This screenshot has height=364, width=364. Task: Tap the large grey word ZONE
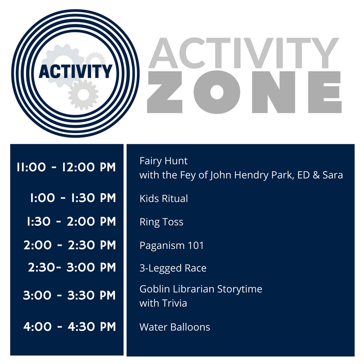coord(244,92)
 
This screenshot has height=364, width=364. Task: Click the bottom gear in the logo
coord(83,94)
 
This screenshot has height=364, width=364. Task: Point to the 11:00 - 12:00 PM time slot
coord(66,167)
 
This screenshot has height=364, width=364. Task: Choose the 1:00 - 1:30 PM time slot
coord(73,198)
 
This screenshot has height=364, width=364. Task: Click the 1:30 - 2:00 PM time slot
coord(71,221)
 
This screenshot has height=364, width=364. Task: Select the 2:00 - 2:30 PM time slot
coord(70,245)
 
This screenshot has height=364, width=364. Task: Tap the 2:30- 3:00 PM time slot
coord(72,268)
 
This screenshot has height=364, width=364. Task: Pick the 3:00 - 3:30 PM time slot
coord(69,295)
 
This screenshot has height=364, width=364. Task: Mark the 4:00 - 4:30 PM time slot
coord(69,327)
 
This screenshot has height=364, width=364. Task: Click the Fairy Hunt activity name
coord(163,161)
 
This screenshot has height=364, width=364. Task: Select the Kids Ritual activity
coord(163,199)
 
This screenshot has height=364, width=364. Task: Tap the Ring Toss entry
coord(161,222)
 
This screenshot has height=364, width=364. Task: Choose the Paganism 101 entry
coord(172,245)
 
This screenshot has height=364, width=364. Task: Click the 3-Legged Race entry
coord(173,268)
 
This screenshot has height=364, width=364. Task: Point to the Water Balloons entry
coord(175,327)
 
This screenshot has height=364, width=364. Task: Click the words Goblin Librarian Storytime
coord(201,289)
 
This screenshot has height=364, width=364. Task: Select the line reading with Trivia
coord(163,303)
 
